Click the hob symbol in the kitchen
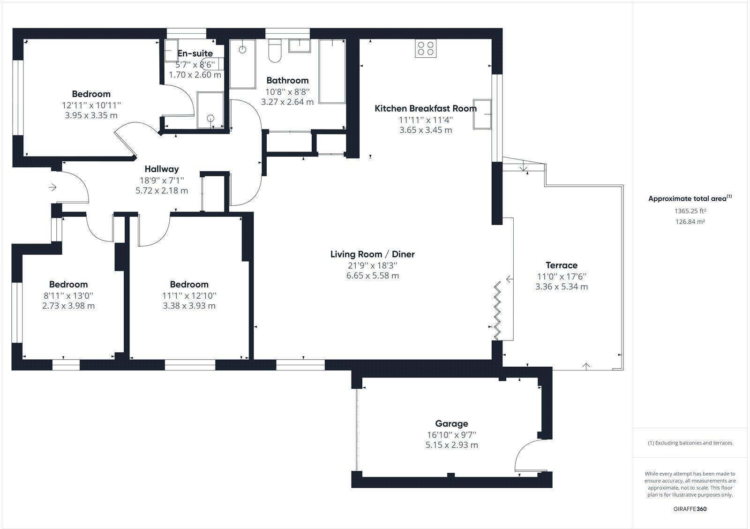click(426, 48)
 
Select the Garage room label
click(451, 423)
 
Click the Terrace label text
click(562, 265)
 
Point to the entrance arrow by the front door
click(52, 188)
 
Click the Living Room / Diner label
click(372, 254)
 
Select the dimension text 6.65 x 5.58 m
click(372, 276)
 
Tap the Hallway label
click(161, 169)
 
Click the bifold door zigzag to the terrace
click(498, 310)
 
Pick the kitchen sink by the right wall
click(482, 114)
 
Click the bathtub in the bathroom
click(332, 71)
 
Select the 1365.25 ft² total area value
click(690, 212)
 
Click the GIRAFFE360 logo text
click(690, 509)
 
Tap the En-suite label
click(195, 53)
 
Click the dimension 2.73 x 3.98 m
click(68, 306)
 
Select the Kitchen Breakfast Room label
click(425, 108)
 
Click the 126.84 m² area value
click(690, 222)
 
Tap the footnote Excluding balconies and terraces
click(690, 443)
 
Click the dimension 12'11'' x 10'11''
click(91, 105)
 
